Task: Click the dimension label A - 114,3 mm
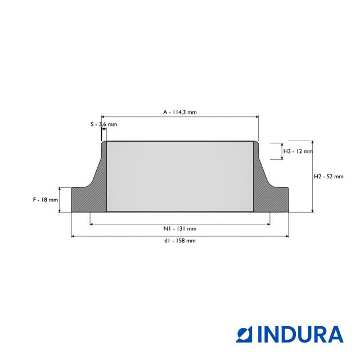(180, 112)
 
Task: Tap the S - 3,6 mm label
(103, 124)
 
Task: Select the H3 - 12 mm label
(298, 151)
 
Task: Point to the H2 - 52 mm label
(328, 177)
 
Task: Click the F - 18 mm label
(46, 200)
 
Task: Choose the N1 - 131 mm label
(180, 229)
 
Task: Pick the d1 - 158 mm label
(180, 241)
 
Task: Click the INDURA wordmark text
(300, 334)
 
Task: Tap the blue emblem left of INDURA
(244, 334)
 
